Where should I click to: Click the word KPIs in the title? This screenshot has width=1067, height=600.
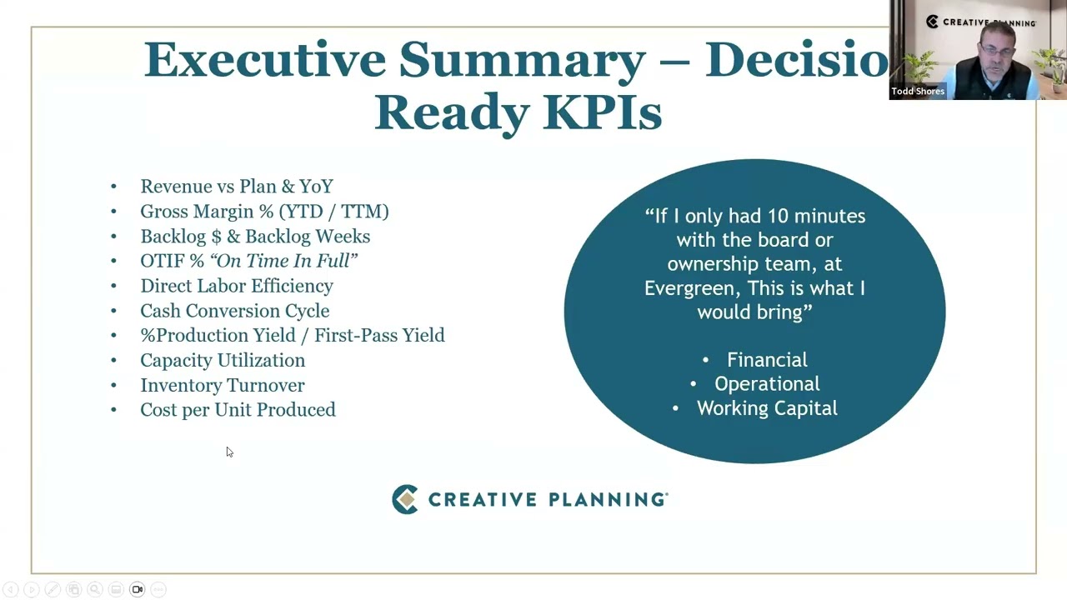pyautogui.click(x=602, y=112)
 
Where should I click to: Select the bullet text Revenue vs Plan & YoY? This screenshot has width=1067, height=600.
pyautogui.click(x=236, y=187)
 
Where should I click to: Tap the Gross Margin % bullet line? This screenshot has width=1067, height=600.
pyautogui.click(x=264, y=212)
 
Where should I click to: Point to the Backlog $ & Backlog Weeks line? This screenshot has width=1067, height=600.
pyautogui.click(x=254, y=237)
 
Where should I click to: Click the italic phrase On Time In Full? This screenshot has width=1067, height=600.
pyautogui.click(x=283, y=261)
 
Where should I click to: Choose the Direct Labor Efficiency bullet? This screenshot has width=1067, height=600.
pyautogui.click(x=236, y=286)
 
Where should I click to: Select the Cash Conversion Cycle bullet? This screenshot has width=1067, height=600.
pyautogui.click(x=234, y=311)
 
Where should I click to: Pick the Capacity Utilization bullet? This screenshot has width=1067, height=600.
pyautogui.click(x=222, y=360)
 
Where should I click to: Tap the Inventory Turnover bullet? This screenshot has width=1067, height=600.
pyautogui.click(x=222, y=385)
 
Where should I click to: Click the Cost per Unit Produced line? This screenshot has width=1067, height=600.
pyautogui.click(x=238, y=410)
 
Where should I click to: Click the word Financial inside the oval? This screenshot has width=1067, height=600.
pyautogui.click(x=767, y=360)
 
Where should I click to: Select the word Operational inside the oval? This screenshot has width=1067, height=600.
pyautogui.click(x=767, y=384)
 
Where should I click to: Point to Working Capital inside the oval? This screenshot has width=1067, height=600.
pyautogui.click(x=767, y=408)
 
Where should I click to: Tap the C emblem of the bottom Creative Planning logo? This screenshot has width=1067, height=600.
pyautogui.click(x=405, y=499)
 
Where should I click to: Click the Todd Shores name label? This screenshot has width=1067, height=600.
pyautogui.click(x=918, y=92)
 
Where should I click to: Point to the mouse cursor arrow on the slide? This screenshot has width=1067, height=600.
pyautogui.click(x=229, y=452)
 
